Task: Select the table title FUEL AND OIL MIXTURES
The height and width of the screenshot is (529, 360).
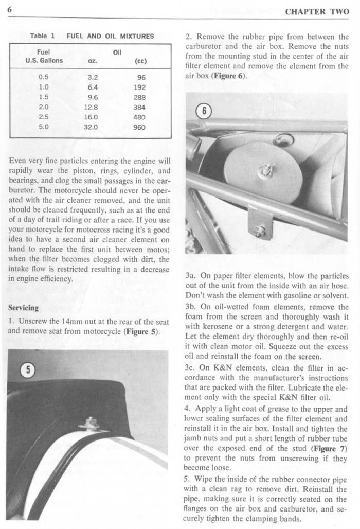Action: (x=110, y=36)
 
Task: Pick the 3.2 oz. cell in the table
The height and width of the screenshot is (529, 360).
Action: (x=93, y=78)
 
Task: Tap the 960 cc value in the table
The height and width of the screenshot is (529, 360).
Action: (x=139, y=127)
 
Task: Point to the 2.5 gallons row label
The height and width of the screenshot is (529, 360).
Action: (x=44, y=117)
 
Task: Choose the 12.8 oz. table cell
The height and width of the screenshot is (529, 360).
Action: (x=93, y=108)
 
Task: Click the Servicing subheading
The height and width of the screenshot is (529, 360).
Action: (x=23, y=308)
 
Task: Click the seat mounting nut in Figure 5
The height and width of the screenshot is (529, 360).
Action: (x=91, y=423)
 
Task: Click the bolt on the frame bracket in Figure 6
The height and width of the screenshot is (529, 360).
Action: (x=259, y=231)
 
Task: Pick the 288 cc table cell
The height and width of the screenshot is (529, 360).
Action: (x=139, y=97)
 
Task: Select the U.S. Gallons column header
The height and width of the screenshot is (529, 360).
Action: (x=44, y=60)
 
